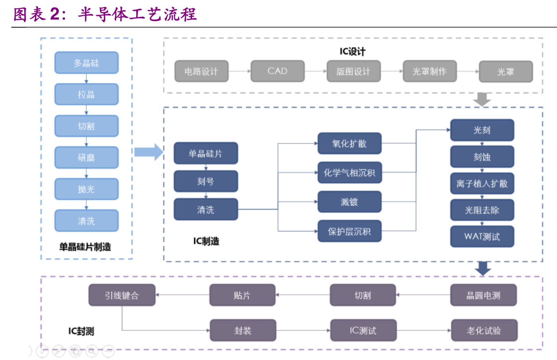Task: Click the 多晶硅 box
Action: point(87,63)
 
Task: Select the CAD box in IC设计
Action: point(277,71)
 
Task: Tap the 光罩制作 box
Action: point(429,71)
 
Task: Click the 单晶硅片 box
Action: point(206,153)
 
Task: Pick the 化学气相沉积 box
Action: point(349,173)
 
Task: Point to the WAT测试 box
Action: point(482,236)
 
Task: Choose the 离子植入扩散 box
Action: point(482,184)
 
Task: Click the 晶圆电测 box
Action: point(483,295)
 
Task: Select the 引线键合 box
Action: point(122,295)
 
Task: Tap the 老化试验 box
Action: point(484,330)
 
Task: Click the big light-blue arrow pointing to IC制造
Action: point(148,152)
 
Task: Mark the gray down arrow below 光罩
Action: point(482,99)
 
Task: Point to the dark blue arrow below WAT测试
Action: point(483,268)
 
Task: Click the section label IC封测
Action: point(81,331)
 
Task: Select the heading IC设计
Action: point(352,51)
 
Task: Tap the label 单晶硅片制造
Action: point(85,247)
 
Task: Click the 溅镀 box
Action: point(349,202)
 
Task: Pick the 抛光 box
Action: point(87,189)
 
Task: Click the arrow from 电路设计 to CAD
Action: point(239,71)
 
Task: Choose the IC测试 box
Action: point(363,330)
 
